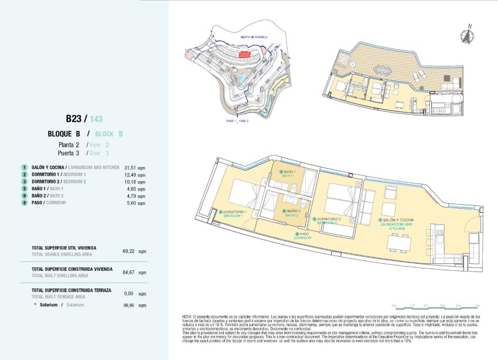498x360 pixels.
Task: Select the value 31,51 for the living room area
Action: coord(125,167)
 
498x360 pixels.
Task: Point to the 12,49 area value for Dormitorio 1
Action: coord(125,174)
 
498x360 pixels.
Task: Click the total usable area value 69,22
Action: coord(128,250)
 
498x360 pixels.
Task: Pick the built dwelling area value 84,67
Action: coord(128,272)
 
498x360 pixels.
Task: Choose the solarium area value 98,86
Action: coord(128,305)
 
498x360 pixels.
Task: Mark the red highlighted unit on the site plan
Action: coord(244,55)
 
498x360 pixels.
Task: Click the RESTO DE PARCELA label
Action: coord(254,37)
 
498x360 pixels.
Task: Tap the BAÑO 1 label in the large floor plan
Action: coord(288,174)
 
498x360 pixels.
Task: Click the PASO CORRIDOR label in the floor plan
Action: coord(303,236)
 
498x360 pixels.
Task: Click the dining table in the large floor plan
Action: coord(398,242)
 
